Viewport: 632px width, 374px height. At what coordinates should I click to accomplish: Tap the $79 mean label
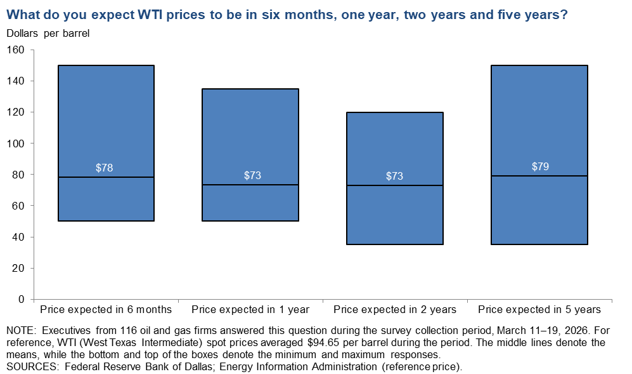(x=539, y=167)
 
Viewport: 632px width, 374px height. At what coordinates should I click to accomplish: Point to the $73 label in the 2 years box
(x=395, y=176)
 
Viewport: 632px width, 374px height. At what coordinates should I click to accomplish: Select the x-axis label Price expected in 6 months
(x=106, y=310)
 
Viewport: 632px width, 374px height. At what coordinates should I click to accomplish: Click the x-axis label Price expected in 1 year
(x=250, y=310)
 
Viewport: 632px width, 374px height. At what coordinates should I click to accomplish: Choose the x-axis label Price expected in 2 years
(x=395, y=310)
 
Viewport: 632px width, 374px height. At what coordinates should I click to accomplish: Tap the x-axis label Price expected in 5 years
(x=539, y=310)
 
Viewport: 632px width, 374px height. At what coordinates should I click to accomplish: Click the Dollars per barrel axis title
(x=48, y=34)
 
